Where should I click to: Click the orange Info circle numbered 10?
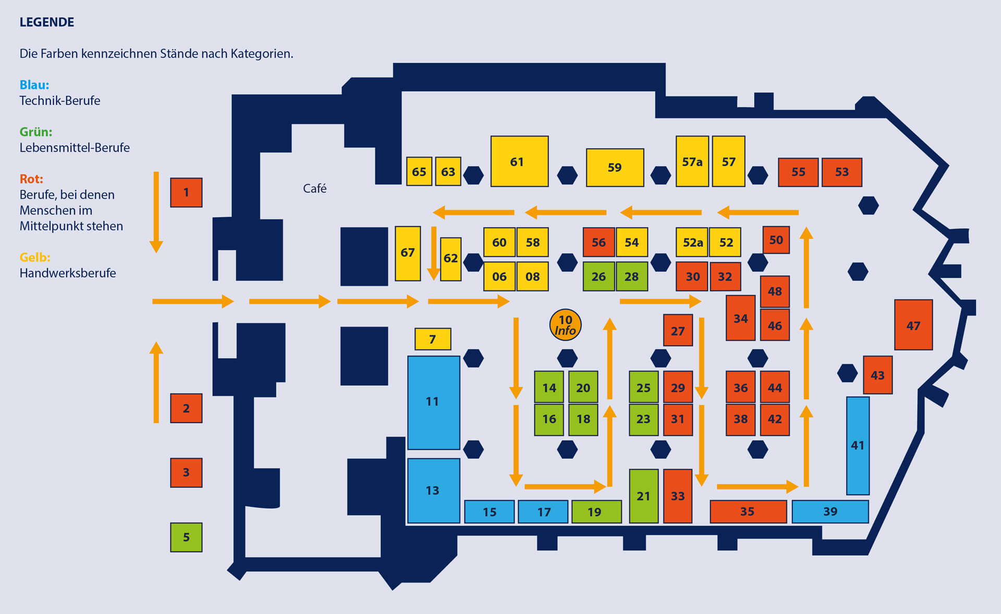pyautogui.click(x=565, y=325)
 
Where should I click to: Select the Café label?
pyautogui.click(x=314, y=188)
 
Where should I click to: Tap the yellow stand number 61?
pyautogui.click(x=519, y=162)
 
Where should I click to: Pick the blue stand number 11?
pyautogui.click(x=433, y=402)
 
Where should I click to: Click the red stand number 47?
pyautogui.click(x=913, y=325)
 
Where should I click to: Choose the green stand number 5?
pyautogui.click(x=186, y=537)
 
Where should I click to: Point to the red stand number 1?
pyautogui.click(x=186, y=192)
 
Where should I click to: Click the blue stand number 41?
pyautogui.click(x=858, y=446)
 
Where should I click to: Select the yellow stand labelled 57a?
pyautogui.click(x=692, y=162)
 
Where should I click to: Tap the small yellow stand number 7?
pyautogui.click(x=432, y=339)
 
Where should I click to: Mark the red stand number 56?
pyautogui.click(x=599, y=242)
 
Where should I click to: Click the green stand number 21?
pyautogui.click(x=643, y=496)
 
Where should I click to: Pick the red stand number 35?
pyautogui.click(x=748, y=511)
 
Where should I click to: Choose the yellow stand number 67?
pyautogui.click(x=408, y=253)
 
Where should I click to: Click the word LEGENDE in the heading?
pyautogui.click(x=47, y=22)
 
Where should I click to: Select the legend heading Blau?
pyautogui.click(x=34, y=84)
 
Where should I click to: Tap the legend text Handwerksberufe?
pyautogui.click(x=68, y=273)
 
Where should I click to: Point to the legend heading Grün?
pyautogui.click(x=36, y=132)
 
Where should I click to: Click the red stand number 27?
pyautogui.click(x=678, y=330)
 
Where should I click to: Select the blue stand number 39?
pyautogui.click(x=830, y=511)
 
